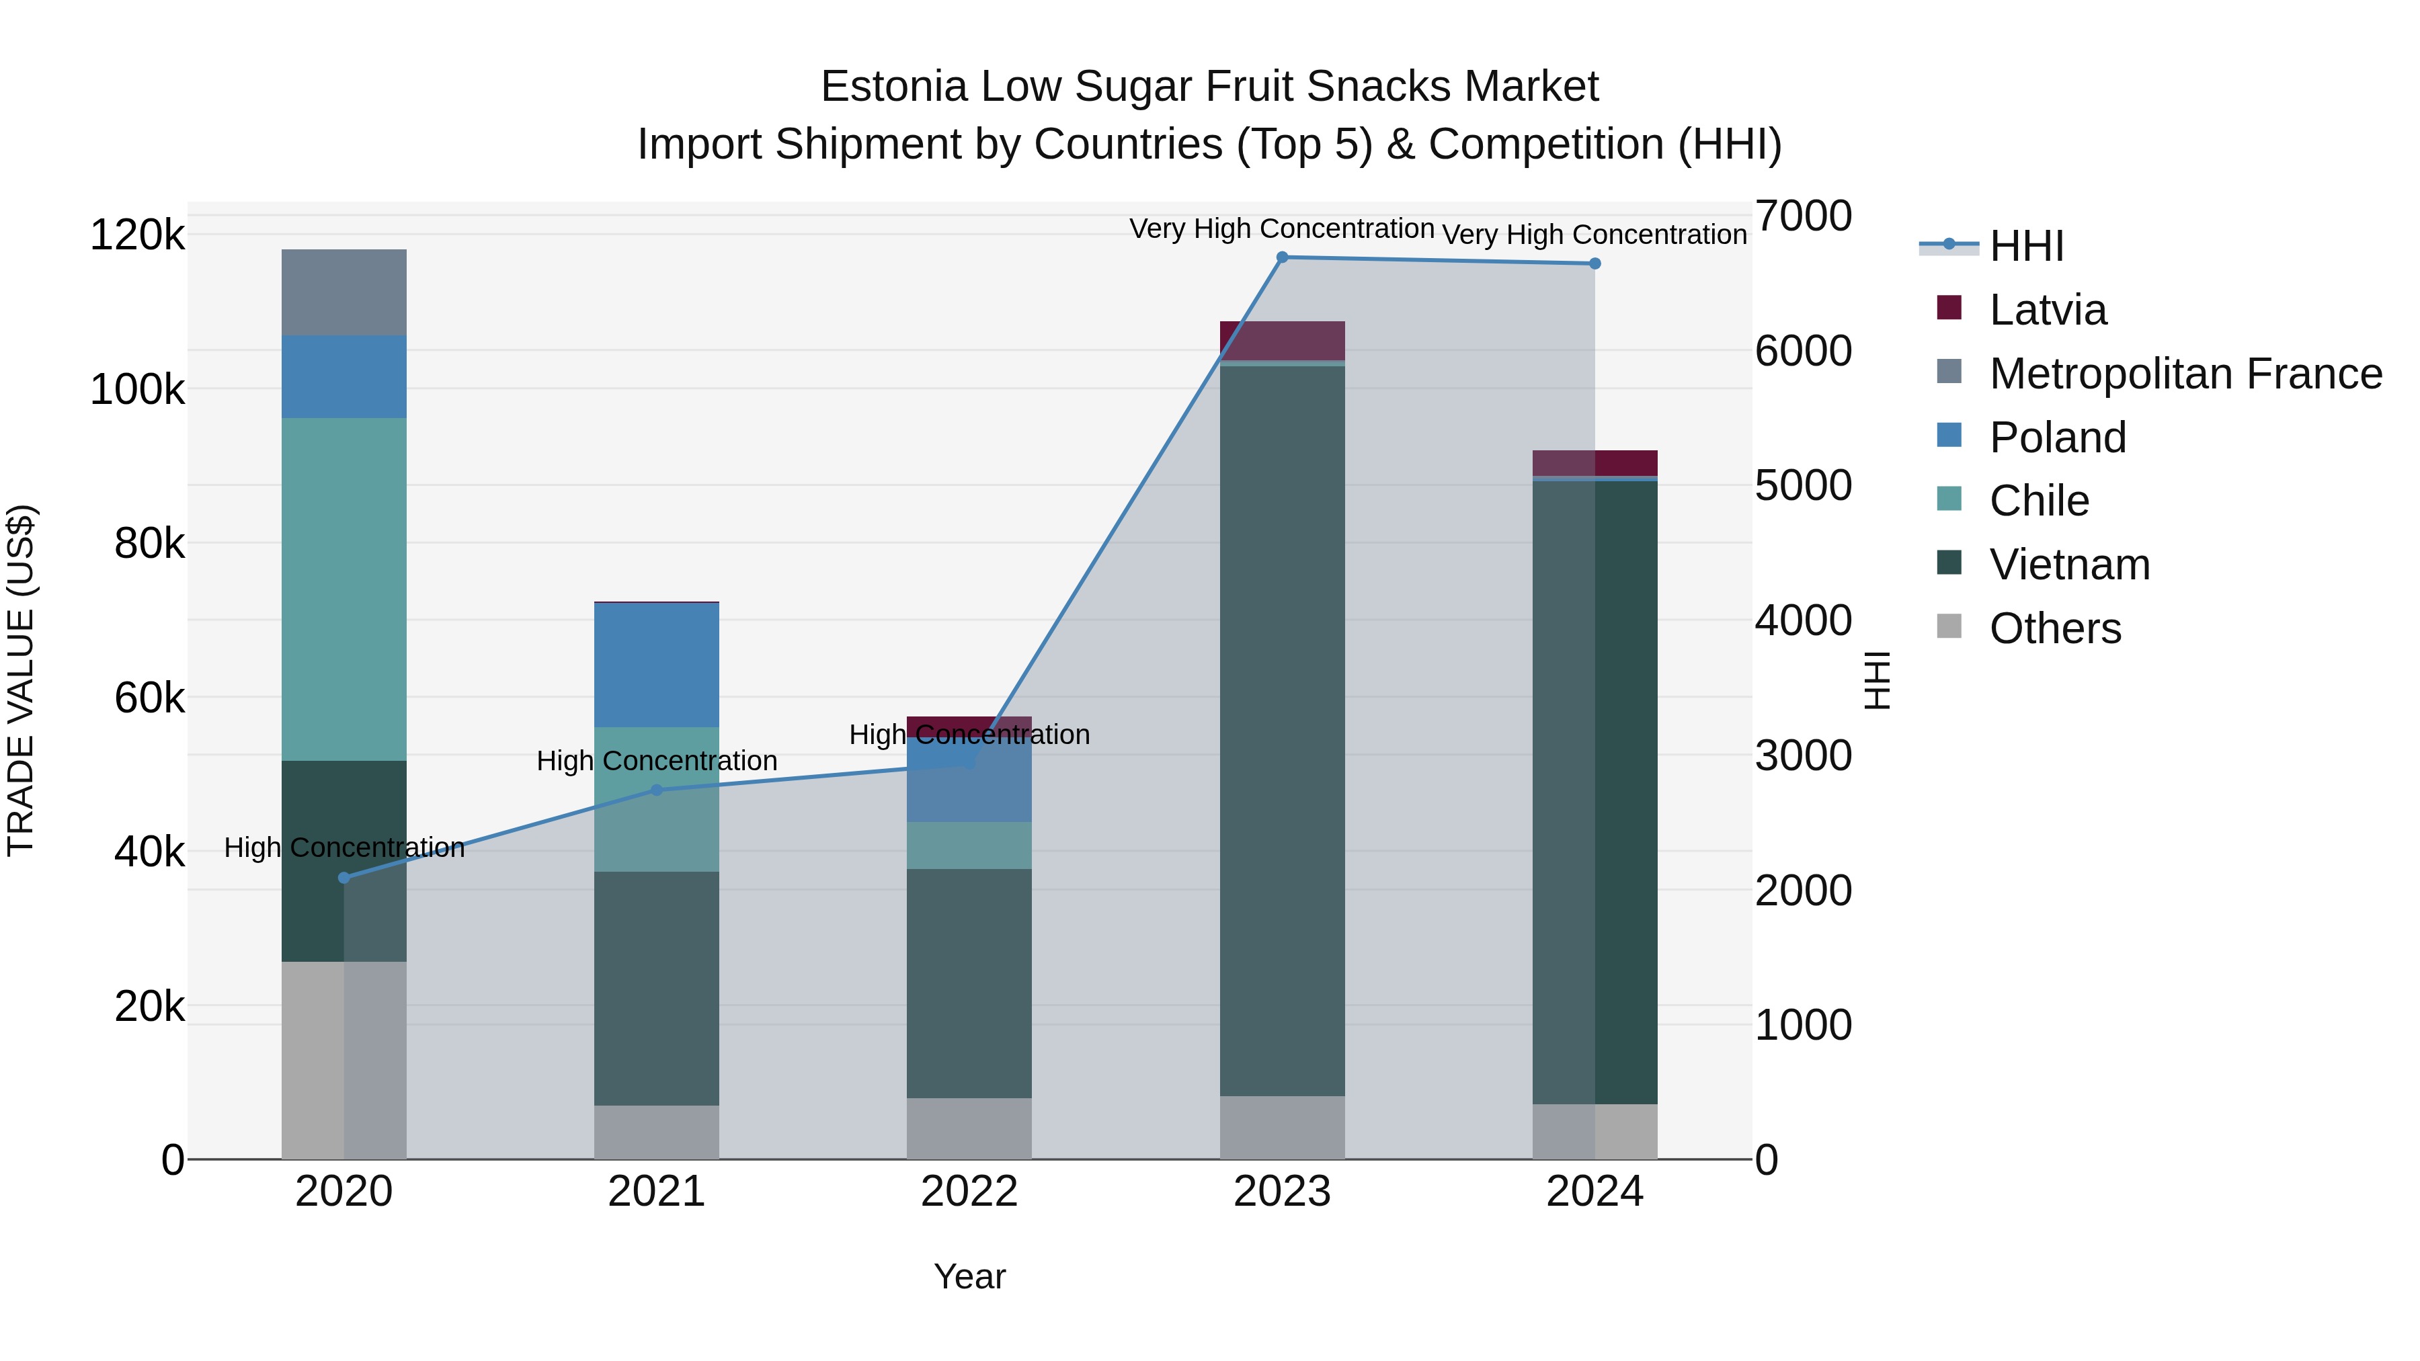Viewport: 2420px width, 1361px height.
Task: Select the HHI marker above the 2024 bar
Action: (x=1595, y=264)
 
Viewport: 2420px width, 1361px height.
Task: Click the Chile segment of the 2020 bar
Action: (x=344, y=589)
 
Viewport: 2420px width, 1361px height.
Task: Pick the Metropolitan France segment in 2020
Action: (x=344, y=292)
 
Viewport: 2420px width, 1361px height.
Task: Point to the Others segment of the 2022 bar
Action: (x=969, y=1128)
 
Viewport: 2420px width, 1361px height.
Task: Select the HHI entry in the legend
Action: (x=2026, y=246)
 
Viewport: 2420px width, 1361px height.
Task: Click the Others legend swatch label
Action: (x=2054, y=628)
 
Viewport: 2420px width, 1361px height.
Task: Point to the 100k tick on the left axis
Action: (x=137, y=389)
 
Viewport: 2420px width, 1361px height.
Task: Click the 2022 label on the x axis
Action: (x=969, y=1192)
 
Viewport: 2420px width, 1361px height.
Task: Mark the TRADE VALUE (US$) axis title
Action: (x=21, y=680)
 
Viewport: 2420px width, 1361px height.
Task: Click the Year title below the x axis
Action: (x=969, y=1276)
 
